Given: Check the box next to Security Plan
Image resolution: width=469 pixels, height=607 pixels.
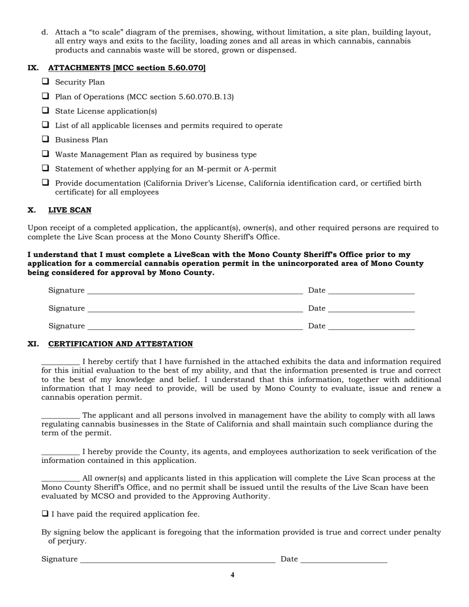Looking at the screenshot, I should pyautogui.click(x=45, y=82).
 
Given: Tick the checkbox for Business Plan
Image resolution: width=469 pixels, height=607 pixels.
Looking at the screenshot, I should pyautogui.click(x=45, y=140).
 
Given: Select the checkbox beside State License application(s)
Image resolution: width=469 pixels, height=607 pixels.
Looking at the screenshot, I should pyautogui.click(x=45, y=111).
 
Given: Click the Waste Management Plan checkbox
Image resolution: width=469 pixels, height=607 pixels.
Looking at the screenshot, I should pyautogui.click(x=45, y=154).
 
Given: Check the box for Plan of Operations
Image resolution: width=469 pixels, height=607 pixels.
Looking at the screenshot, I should pyautogui.click(x=45, y=97).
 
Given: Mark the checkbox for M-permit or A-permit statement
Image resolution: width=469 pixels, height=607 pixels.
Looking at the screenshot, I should pyautogui.click(x=45, y=169).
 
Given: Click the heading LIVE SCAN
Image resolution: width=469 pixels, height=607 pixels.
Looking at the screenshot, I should pyautogui.click(x=70, y=210).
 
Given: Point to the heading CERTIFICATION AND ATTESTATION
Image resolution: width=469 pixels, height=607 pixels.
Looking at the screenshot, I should pyautogui.click(x=120, y=344).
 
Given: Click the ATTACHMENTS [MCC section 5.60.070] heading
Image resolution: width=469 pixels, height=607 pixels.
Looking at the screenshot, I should pyautogui.click(x=126, y=68).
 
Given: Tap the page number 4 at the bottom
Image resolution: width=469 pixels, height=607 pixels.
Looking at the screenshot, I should pyautogui.click(x=233, y=575).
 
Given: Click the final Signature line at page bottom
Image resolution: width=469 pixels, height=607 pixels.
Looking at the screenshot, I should pyautogui.click(x=177, y=560).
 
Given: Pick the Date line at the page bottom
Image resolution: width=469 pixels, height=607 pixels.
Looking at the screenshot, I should pyautogui.click(x=344, y=560).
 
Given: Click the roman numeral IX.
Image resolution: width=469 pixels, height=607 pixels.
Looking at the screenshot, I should pyautogui.click(x=33, y=68).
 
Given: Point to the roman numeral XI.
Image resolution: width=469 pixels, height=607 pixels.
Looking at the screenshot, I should pyautogui.click(x=33, y=344).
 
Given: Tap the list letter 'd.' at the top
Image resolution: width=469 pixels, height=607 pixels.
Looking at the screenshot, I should pyautogui.click(x=45, y=33).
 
